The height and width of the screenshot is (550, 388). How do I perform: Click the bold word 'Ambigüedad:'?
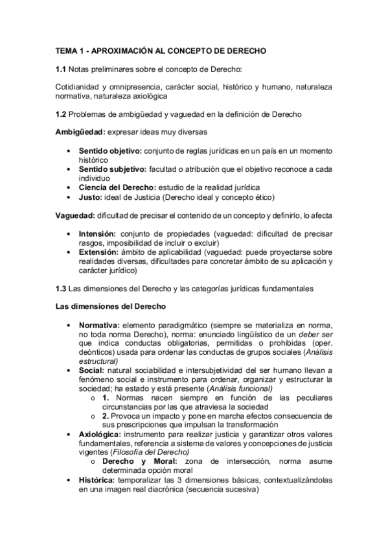pyautogui.click(x=79, y=132)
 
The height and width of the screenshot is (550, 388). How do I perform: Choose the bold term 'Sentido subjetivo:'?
pyautogui.click(x=112, y=169)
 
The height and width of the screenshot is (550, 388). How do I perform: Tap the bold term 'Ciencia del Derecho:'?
pyautogui.click(x=117, y=187)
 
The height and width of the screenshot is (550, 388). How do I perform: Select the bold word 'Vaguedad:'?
pyautogui.click(x=75, y=213)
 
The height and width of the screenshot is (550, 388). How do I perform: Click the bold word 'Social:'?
pyautogui.click(x=92, y=370)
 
